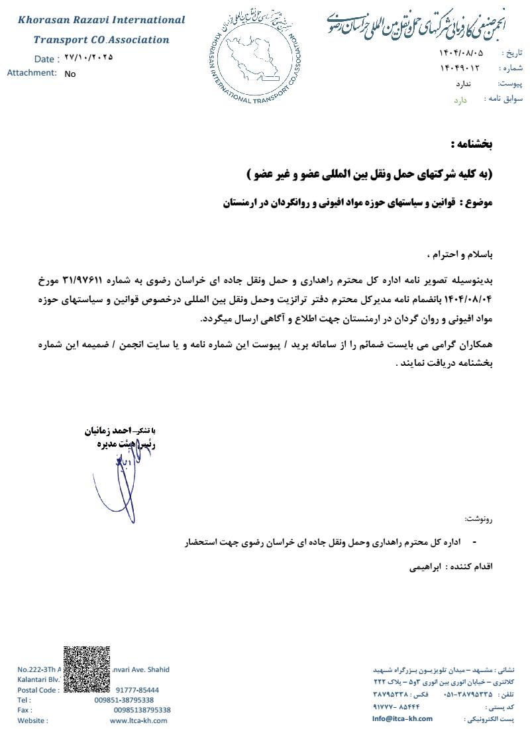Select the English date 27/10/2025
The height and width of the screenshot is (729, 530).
[89, 58]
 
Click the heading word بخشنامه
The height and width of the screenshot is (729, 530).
[472, 144]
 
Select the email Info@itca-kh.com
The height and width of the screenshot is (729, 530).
[402, 718]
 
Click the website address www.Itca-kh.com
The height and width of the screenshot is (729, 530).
[140, 720]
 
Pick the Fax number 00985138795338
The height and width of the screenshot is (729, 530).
[142, 710]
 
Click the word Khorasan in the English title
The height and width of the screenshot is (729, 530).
[44, 21]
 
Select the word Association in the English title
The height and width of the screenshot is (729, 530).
[140, 40]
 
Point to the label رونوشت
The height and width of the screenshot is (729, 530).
[479, 518]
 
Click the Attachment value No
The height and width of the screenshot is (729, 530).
[70, 74]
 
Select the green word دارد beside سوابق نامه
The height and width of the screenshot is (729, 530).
[460, 100]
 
